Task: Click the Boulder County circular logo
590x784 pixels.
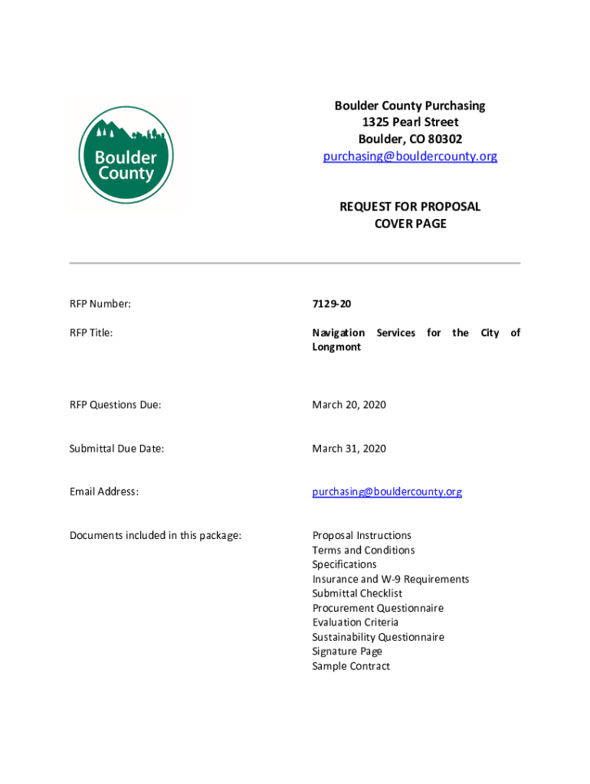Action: tap(126, 155)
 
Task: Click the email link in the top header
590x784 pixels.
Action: tap(410, 156)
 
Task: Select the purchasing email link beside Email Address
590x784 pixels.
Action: tap(387, 492)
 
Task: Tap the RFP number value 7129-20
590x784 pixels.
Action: tap(332, 304)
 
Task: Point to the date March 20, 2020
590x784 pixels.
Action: tap(349, 404)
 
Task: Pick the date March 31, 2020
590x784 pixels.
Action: tap(349, 449)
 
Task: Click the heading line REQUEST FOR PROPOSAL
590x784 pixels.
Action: tap(410, 207)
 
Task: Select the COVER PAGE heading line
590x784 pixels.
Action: tap(410, 224)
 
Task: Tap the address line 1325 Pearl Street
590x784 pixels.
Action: tap(410, 122)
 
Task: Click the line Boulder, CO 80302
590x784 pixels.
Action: tap(410, 139)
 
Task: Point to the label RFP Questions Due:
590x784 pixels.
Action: tap(116, 404)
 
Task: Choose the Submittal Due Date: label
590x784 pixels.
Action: tap(117, 449)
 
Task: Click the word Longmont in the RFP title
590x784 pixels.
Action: tap(336, 347)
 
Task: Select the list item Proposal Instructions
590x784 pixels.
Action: tap(362, 535)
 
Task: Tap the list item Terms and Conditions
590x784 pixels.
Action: tap(363, 550)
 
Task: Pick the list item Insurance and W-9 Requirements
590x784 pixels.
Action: tap(391, 579)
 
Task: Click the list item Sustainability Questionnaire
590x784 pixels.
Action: tap(378, 637)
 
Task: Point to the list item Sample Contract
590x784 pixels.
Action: tap(351, 666)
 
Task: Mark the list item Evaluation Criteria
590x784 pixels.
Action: tap(355, 622)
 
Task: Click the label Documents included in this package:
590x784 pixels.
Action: tap(156, 535)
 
